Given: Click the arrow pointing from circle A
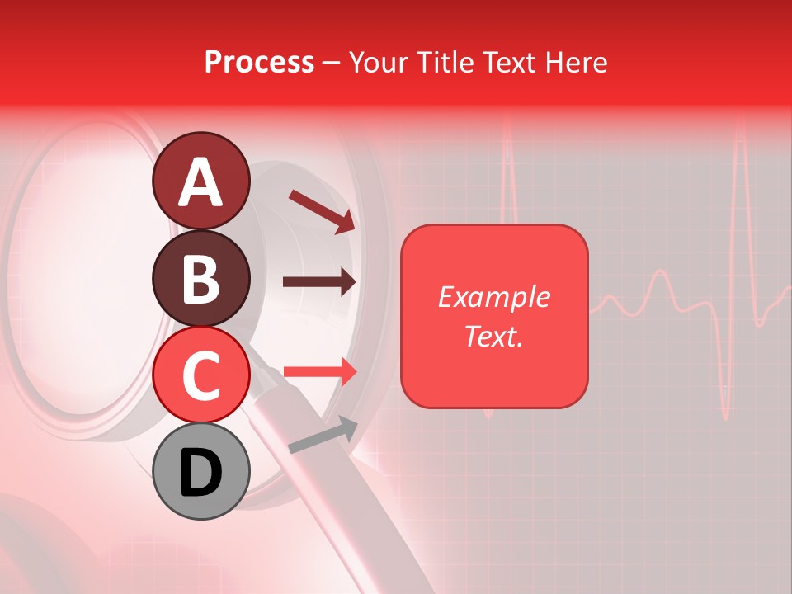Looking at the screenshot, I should point(322,211).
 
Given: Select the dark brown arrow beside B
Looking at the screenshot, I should point(319,282).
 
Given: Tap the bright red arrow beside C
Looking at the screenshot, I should point(320,372).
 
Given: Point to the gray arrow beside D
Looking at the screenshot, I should point(323,436).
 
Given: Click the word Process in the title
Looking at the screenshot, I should point(259,63).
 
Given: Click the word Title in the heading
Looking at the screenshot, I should point(443,63).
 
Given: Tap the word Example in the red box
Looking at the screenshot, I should point(493,297).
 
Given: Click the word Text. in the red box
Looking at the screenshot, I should point(493,336).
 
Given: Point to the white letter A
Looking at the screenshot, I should point(200,182).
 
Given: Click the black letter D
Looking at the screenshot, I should point(200,473).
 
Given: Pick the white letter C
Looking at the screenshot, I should point(200,375).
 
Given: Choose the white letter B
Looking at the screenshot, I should point(200,279).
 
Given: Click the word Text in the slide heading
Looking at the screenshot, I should point(507,63).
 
